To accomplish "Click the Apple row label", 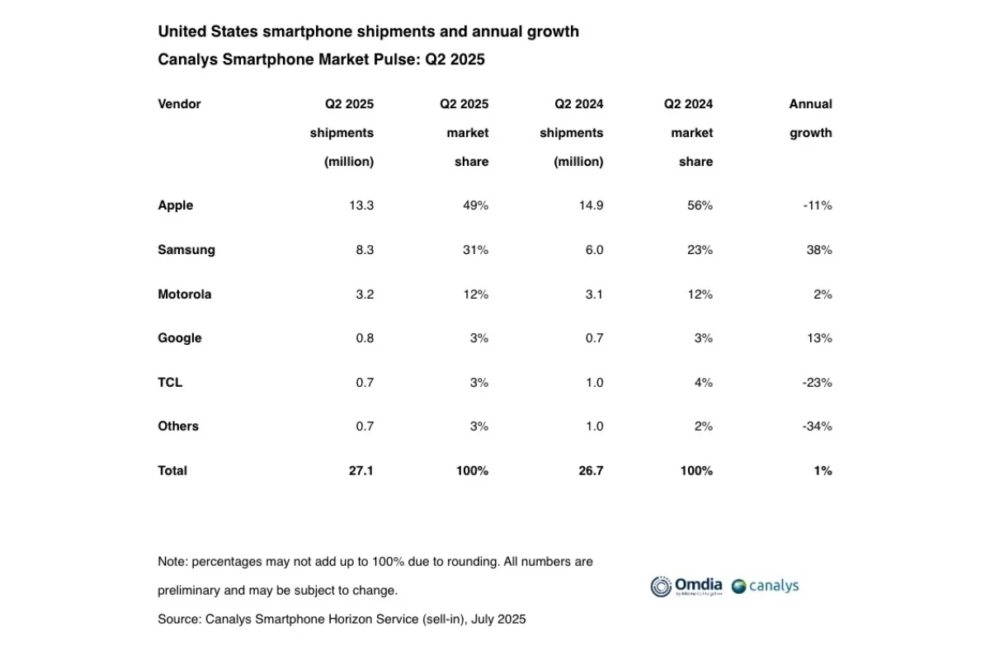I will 175,205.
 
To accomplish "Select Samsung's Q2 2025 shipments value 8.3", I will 362,250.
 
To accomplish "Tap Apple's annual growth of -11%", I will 817,205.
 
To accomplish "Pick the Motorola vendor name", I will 184,295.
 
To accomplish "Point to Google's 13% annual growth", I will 820,338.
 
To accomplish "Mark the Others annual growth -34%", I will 817,427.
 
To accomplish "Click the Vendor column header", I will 179,104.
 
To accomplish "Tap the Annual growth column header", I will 810,118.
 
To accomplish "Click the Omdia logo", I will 686,587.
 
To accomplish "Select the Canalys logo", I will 765,587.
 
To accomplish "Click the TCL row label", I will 170,383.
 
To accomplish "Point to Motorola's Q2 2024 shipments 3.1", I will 593,295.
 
